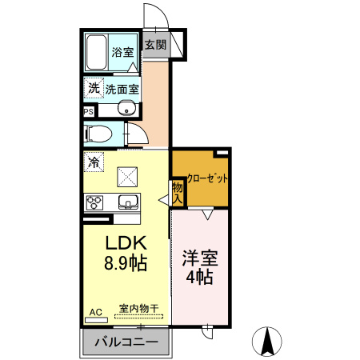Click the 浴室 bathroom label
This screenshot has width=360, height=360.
point(122,52)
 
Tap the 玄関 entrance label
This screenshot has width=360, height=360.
point(155,45)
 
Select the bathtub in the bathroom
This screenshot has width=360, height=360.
point(97,53)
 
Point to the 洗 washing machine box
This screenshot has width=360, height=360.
point(94,88)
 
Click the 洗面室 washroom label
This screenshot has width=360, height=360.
point(122,89)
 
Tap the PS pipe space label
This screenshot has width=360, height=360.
point(87,112)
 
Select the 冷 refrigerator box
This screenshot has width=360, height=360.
point(94,162)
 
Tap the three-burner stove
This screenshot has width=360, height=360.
point(94,201)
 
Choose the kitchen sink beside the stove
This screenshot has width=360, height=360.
point(127,201)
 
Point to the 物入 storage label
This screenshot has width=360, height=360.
point(177,191)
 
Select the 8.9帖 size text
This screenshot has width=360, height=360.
point(123,262)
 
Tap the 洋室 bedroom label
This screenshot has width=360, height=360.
point(200,258)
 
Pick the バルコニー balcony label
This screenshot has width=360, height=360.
point(125,343)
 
